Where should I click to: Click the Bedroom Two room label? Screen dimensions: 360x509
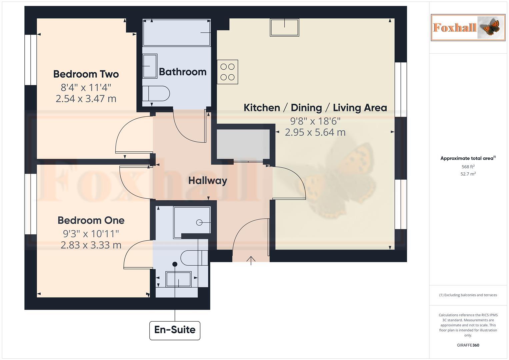pyautogui.click(x=86, y=74)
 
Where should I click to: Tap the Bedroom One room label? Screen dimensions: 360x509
pyautogui.click(x=91, y=220)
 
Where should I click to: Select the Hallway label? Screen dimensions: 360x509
pyautogui.click(x=208, y=181)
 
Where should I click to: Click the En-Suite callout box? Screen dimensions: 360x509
pyautogui.click(x=175, y=330)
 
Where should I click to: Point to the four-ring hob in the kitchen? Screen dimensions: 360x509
pyautogui.click(x=227, y=72)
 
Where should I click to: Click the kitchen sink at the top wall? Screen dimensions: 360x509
pyautogui.click(x=284, y=27)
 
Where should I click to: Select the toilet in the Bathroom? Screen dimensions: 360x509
pyautogui.click(x=156, y=94)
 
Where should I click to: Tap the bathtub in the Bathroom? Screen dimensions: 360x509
pyautogui.click(x=177, y=32)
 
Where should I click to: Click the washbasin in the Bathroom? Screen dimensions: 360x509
pyautogui.click(x=150, y=66)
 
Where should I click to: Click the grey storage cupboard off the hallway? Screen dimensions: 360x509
pyautogui.click(x=243, y=144)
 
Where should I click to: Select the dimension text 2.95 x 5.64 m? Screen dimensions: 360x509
pyautogui.click(x=315, y=132)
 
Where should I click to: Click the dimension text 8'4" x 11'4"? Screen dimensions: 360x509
pyautogui.click(x=86, y=88)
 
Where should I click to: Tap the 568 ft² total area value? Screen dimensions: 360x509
pyautogui.click(x=468, y=167)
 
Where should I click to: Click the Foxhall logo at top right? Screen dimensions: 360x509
pyautogui.click(x=468, y=27)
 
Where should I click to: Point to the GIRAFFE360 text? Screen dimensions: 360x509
pyautogui.click(x=468, y=345)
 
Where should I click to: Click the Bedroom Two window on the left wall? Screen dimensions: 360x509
pyautogui.click(x=31, y=60)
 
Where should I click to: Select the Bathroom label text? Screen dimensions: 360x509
pyautogui.click(x=183, y=72)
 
